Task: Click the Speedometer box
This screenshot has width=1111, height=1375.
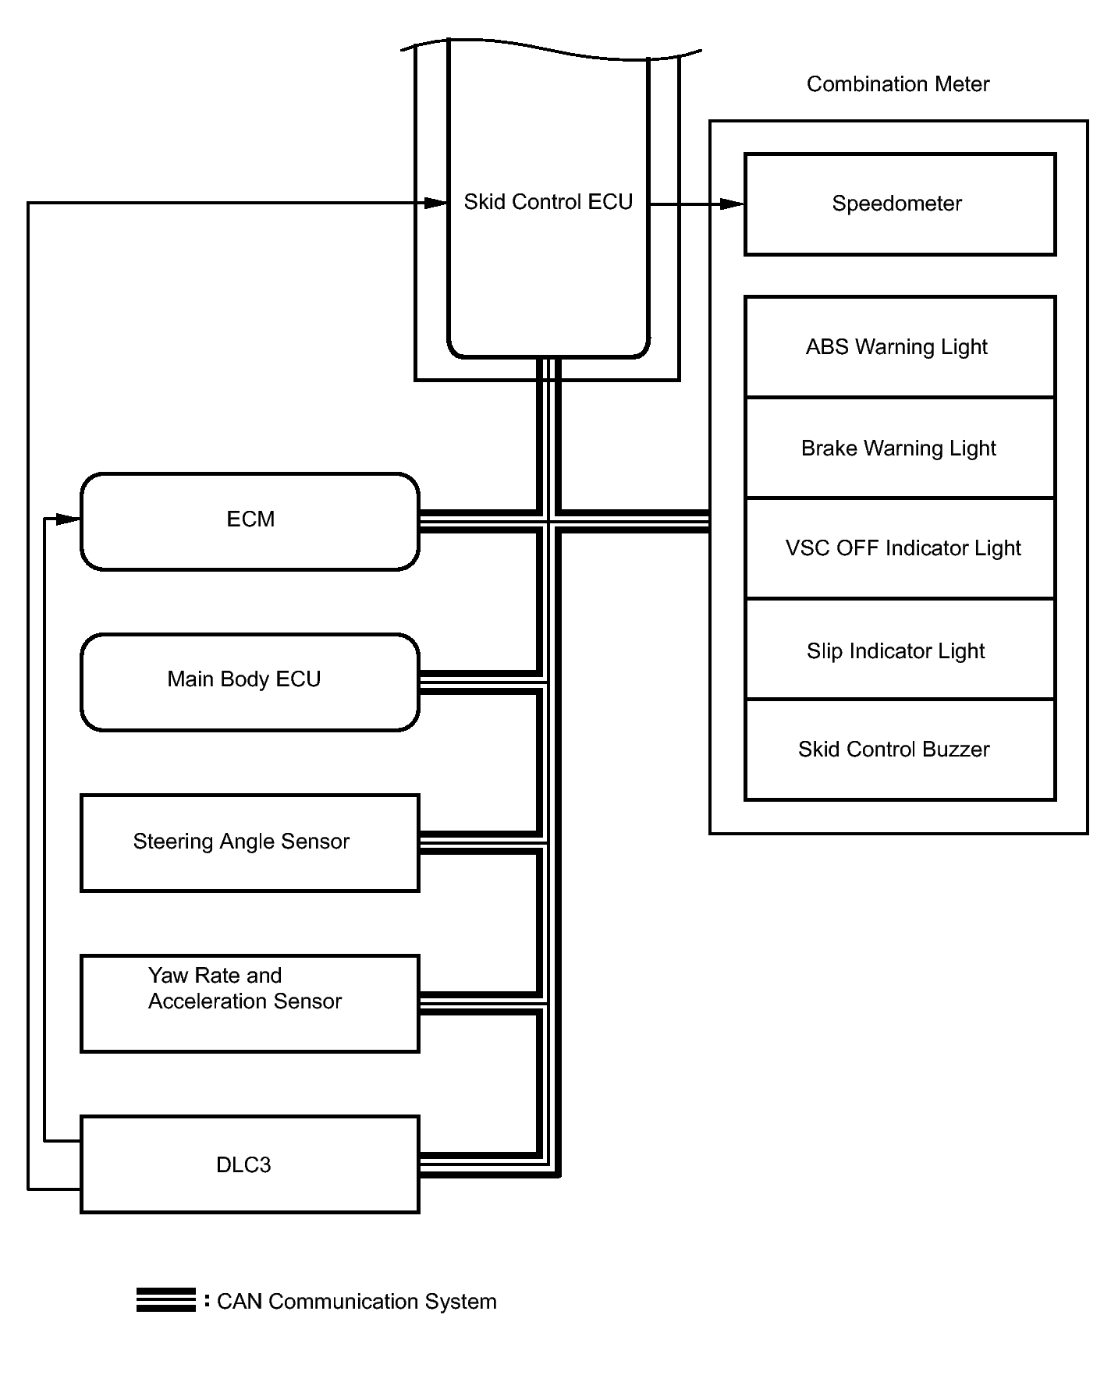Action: coord(900,204)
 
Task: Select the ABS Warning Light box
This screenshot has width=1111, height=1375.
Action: coord(900,347)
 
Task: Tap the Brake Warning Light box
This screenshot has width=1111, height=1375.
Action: coord(900,448)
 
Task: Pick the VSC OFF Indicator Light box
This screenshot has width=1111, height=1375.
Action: coord(900,548)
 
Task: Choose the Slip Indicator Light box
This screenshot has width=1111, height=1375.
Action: coord(900,650)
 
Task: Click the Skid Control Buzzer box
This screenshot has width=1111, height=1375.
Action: coord(900,750)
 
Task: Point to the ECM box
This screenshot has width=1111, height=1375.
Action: coord(250,521)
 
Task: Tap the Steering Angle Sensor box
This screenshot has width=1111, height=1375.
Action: coord(250,842)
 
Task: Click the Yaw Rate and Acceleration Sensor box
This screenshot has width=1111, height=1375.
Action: coord(250,1004)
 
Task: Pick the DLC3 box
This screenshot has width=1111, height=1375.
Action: coord(250,1164)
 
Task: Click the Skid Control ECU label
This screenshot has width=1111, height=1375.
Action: coord(548,202)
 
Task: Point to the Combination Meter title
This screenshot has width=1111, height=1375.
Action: coord(897,84)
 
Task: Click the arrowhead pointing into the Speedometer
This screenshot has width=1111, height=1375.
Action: coord(732,204)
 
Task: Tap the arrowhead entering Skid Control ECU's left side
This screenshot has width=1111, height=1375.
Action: coord(435,203)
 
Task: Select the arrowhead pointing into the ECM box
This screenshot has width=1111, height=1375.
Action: coord(69,519)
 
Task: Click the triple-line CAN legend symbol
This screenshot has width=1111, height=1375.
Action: coord(165,1300)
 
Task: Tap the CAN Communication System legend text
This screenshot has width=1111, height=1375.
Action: coord(357,1302)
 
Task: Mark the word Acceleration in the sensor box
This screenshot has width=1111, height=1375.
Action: coord(200,1001)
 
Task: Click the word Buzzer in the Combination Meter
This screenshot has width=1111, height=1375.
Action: coord(956,750)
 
